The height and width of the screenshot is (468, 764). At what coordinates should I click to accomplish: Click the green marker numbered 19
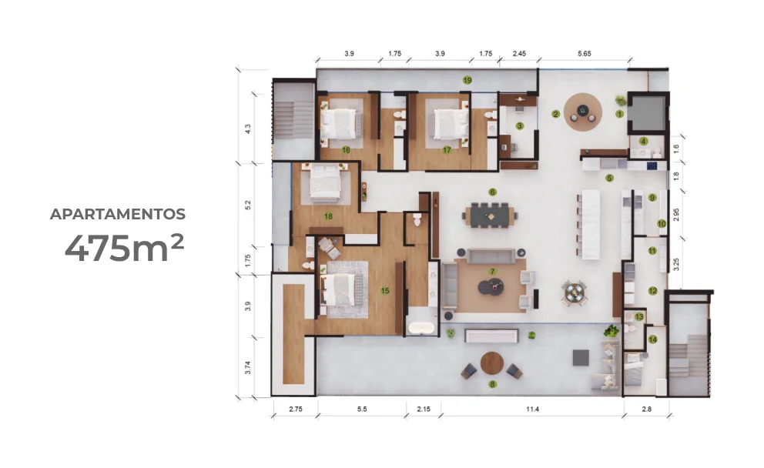(467, 80)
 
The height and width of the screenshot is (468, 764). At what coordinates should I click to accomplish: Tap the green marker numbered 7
(493, 272)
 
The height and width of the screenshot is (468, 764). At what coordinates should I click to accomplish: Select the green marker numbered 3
(520, 126)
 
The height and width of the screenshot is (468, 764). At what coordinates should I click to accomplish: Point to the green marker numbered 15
(385, 291)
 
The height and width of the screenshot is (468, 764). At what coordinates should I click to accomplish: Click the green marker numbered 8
(493, 384)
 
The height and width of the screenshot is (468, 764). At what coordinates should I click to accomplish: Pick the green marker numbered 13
(638, 317)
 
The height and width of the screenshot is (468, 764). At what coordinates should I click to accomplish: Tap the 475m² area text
(124, 249)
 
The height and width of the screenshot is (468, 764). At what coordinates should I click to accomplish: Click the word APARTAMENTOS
(117, 214)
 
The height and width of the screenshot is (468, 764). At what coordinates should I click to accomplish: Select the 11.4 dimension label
(532, 409)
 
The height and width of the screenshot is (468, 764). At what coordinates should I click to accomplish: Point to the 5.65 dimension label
(585, 54)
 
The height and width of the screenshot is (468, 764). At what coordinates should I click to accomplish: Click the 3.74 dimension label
(248, 368)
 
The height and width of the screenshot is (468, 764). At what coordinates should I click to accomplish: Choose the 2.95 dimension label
(675, 216)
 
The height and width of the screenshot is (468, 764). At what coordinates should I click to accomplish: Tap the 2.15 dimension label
(424, 409)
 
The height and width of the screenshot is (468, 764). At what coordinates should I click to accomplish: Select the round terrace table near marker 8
(491, 363)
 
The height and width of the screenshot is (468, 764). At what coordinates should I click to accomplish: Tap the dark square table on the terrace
(581, 357)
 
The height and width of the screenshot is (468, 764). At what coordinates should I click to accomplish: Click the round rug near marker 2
(583, 112)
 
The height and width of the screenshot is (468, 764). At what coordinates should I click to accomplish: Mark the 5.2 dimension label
(248, 205)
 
